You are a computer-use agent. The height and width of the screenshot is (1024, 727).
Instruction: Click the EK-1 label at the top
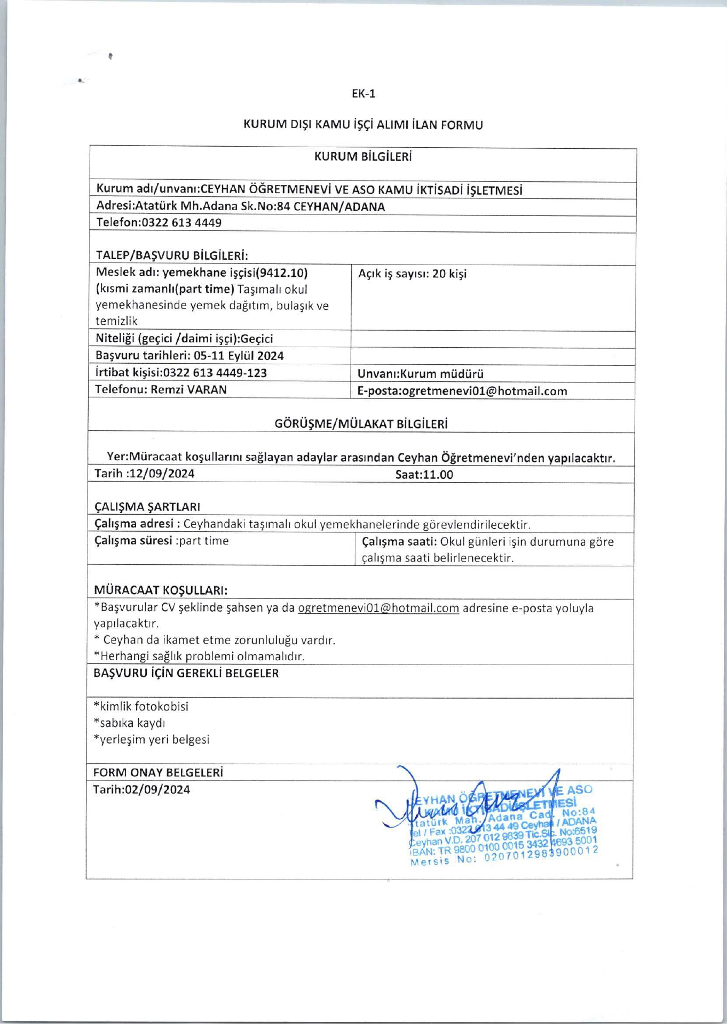(363, 94)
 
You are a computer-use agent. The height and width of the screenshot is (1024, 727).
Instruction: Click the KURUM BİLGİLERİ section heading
(363, 157)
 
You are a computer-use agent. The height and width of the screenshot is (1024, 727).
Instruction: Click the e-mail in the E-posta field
(484, 391)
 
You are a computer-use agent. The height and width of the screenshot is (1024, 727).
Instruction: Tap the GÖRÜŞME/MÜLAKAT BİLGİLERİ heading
(361, 424)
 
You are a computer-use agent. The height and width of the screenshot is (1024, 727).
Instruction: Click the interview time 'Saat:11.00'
(424, 475)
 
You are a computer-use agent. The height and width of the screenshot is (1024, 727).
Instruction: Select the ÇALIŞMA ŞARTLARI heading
(147, 507)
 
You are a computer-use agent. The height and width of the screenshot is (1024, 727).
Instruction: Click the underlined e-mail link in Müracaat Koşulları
(378, 608)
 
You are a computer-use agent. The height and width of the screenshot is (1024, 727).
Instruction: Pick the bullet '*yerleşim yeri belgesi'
(151, 740)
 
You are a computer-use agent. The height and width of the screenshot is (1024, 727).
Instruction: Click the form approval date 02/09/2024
(157, 790)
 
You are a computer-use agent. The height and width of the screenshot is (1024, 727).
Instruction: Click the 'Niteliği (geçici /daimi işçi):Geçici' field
(184, 339)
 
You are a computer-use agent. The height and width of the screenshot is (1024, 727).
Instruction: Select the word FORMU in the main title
(461, 125)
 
